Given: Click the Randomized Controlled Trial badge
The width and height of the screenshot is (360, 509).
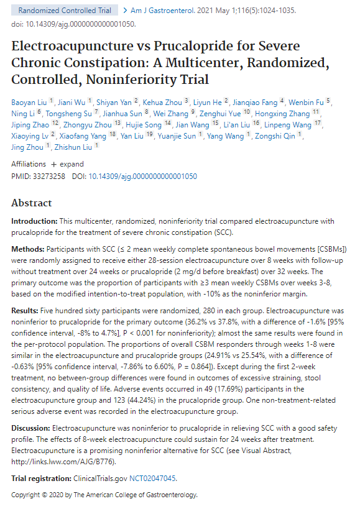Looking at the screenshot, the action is (x=65, y=11).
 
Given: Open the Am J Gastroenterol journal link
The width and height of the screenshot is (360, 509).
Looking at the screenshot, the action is (x=162, y=11).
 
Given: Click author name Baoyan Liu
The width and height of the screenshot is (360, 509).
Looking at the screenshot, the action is (x=29, y=103).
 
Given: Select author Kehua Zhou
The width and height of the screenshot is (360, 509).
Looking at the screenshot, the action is (x=162, y=103).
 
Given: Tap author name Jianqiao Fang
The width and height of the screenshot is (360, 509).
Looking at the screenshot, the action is (x=255, y=103).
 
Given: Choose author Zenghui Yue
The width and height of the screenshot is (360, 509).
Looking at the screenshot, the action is (x=220, y=114).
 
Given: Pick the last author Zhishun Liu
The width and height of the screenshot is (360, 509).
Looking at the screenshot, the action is (x=73, y=147).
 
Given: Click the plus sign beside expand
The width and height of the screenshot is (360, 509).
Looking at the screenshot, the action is (x=54, y=164).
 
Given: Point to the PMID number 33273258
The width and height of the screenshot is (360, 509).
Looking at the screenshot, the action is (x=49, y=177).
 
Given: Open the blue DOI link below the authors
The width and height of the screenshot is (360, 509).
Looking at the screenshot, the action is (x=143, y=177).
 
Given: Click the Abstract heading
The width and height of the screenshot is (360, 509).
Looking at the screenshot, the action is (x=32, y=203).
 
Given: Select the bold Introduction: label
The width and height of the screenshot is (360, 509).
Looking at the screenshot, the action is (x=34, y=221).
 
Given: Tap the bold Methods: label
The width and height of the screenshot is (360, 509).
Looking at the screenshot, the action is (x=28, y=249).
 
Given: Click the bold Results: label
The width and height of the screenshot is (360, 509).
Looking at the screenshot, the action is (x=25, y=311).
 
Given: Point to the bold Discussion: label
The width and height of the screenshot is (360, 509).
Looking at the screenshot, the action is (x=31, y=428).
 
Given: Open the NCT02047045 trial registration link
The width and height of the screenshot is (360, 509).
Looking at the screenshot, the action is (x=152, y=479).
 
